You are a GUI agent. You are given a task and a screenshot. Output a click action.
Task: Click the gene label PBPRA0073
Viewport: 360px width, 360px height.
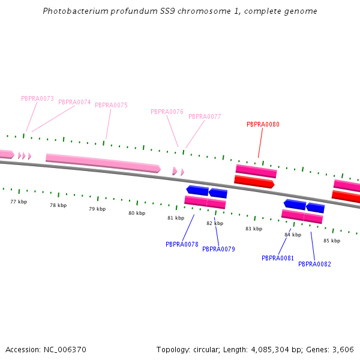[x=37, y=98]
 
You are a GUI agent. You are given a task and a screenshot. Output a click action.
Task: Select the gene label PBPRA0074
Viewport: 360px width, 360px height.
[x=74, y=102]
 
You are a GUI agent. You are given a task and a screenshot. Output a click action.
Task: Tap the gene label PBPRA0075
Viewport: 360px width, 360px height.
[x=111, y=105]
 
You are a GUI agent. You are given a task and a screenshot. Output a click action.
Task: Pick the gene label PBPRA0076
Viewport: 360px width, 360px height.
[x=167, y=112]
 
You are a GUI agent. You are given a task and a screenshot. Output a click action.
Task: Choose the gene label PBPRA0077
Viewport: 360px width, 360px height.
[x=205, y=116]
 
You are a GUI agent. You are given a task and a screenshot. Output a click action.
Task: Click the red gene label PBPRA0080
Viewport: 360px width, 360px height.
[x=263, y=125]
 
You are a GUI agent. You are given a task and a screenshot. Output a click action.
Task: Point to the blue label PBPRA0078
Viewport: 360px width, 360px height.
[x=182, y=244]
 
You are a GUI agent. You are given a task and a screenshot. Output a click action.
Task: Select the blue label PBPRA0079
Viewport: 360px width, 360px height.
[x=218, y=249]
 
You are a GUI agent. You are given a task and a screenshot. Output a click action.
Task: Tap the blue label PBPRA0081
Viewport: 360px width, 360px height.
[x=278, y=258]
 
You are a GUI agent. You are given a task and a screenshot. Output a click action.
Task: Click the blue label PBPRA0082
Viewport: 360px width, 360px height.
[x=314, y=264]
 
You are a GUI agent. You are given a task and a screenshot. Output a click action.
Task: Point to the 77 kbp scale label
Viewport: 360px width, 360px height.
[x=19, y=202]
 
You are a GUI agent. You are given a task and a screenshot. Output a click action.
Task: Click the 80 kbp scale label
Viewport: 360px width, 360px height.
[x=137, y=213]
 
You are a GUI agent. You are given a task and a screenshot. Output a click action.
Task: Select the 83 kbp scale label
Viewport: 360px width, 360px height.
[x=254, y=229]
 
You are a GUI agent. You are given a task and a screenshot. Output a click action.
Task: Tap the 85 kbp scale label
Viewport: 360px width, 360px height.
[x=332, y=241]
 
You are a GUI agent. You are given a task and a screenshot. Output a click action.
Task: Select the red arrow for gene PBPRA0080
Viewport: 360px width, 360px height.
[x=254, y=181]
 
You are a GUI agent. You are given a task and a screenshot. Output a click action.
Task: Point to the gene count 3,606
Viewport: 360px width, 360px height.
[x=342, y=349]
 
